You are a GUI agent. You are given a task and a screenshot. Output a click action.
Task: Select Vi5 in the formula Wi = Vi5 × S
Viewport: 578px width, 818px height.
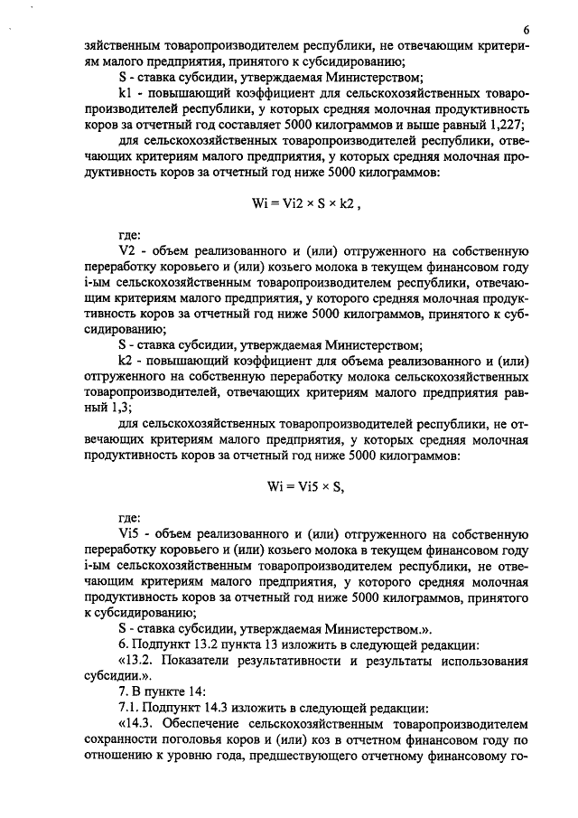(306, 485)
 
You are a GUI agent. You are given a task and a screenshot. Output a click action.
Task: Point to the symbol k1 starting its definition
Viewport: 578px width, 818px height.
(126, 94)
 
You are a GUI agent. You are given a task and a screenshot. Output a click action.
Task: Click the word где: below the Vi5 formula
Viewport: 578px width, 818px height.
(132, 517)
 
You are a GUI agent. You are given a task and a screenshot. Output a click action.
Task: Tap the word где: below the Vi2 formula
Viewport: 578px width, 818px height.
(132, 235)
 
